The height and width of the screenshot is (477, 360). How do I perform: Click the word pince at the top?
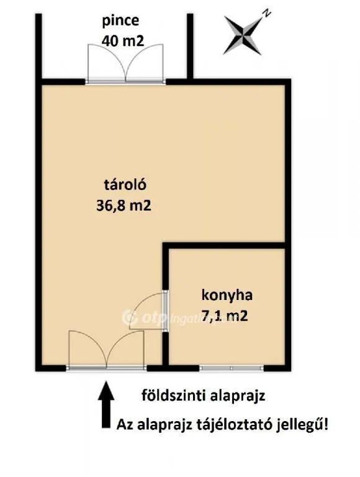[120, 21]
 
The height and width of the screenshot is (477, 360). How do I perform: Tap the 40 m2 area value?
[122, 40]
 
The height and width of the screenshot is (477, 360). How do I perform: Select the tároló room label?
[125, 184]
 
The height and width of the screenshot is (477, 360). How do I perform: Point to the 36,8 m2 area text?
[124, 206]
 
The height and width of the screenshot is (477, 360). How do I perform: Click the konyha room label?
[227, 295]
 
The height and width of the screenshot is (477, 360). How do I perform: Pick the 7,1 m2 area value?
[225, 316]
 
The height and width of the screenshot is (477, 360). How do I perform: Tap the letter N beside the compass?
[266, 14]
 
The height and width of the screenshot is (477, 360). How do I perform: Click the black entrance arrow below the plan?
[106, 404]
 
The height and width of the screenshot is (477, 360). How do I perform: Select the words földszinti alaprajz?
[204, 396]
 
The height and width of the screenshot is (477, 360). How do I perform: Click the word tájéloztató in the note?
[233, 424]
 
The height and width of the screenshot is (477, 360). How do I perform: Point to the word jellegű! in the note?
[302, 424]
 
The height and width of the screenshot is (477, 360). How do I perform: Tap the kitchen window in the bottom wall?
[232, 368]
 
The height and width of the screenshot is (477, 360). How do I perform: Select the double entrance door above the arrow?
[106, 350]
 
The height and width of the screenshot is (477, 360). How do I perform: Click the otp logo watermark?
[145, 318]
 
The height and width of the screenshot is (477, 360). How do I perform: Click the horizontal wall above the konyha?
[224, 246]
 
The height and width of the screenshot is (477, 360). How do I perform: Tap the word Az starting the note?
[125, 424]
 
